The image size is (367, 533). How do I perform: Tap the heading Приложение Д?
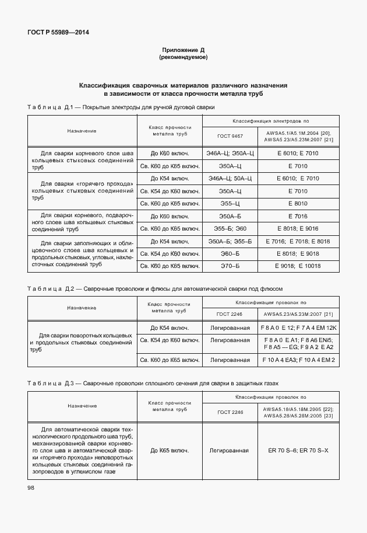pyautogui.click(x=183, y=51)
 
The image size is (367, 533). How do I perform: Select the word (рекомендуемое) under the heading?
pyautogui.click(x=183, y=58)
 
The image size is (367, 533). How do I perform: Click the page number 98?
pyautogui.click(x=30, y=487)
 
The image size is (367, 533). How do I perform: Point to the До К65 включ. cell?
pyautogui.click(x=170, y=450)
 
